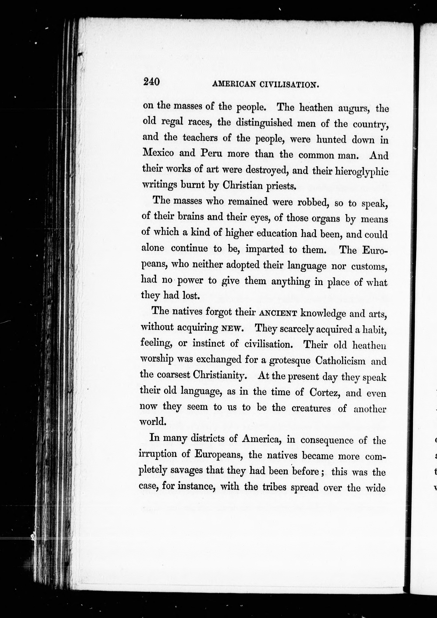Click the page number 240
pos(152,81)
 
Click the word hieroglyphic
pos(361,171)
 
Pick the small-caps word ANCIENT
pos(278,313)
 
